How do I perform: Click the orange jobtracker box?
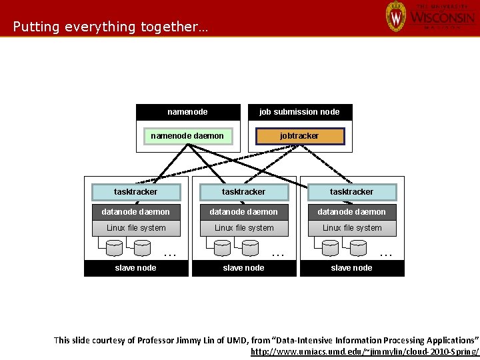pyautogui.click(x=300, y=136)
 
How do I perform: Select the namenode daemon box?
pyautogui.click(x=187, y=136)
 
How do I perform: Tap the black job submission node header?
pyautogui.click(x=299, y=112)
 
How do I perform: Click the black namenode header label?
pyautogui.click(x=187, y=112)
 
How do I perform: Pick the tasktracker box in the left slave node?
pyautogui.click(x=136, y=192)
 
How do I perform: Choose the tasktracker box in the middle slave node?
pyautogui.click(x=244, y=192)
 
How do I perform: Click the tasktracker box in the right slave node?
pyautogui.click(x=352, y=192)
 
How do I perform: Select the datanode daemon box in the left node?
pyautogui.click(x=136, y=212)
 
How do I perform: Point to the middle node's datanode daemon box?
pyautogui.click(x=244, y=212)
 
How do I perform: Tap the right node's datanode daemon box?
pyautogui.click(x=352, y=212)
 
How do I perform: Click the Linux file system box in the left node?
pyautogui.click(x=136, y=228)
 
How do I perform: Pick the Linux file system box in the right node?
pyautogui.click(x=352, y=228)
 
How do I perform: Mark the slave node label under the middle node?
pyautogui.click(x=244, y=268)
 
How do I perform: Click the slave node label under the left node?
pyautogui.click(x=136, y=268)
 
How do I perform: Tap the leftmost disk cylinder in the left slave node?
pyautogui.click(x=115, y=248)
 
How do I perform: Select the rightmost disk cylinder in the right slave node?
pyautogui.click(x=358, y=248)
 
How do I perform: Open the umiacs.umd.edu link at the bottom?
pyautogui.click(x=365, y=351)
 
